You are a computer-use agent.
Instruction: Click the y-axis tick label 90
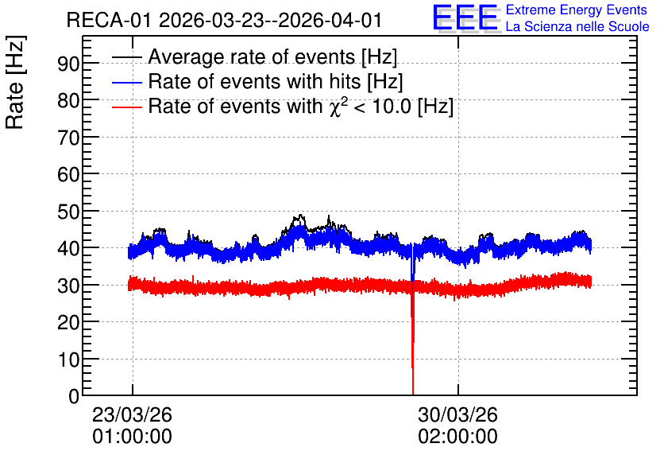(68, 64)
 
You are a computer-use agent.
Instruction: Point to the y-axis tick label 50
(68, 211)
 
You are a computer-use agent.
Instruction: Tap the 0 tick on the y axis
(74, 396)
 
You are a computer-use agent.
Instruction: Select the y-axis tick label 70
(68, 138)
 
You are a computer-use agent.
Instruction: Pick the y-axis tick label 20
(68, 322)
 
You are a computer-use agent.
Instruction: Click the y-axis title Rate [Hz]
(15, 82)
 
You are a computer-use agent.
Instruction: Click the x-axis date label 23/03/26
(132, 414)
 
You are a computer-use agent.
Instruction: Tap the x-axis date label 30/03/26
(457, 414)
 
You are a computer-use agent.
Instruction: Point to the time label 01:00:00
(132, 437)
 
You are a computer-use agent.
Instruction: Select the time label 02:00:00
(457, 437)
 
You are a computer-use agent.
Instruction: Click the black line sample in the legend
(126, 56)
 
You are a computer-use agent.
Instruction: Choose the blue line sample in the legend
(126, 82)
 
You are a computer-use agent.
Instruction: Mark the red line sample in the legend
(126, 107)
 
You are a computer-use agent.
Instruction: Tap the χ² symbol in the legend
(336, 107)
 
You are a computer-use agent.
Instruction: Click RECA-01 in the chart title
(109, 21)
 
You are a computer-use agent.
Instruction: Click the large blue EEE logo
(465, 17)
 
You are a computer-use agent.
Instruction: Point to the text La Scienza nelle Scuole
(577, 27)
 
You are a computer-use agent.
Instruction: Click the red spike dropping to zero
(413, 339)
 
